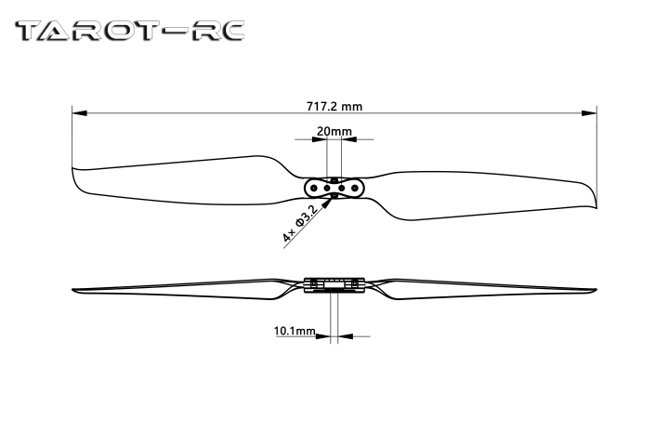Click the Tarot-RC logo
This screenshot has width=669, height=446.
pyautogui.click(x=131, y=31)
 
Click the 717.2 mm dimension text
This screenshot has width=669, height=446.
pyautogui.click(x=334, y=106)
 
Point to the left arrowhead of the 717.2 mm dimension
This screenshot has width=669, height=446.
pyautogui.click(x=76, y=114)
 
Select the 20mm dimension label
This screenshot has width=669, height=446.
pyautogui.click(x=334, y=131)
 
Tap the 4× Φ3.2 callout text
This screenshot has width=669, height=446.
pyautogui.click(x=299, y=224)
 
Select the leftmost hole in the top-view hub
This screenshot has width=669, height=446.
pyautogui.click(x=314, y=187)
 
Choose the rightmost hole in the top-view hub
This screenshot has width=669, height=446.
pyautogui.click(x=355, y=187)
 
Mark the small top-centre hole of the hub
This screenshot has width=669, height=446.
pyautogui.click(x=334, y=178)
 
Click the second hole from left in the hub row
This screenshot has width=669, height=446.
pyautogui.click(x=327, y=187)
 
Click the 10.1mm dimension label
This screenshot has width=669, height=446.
pyautogui.click(x=295, y=331)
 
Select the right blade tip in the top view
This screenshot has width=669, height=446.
pyautogui.click(x=594, y=200)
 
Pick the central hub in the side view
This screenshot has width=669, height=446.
pyautogui.click(x=334, y=283)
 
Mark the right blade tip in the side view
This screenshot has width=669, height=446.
pyautogui.click(x=595, y=288)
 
